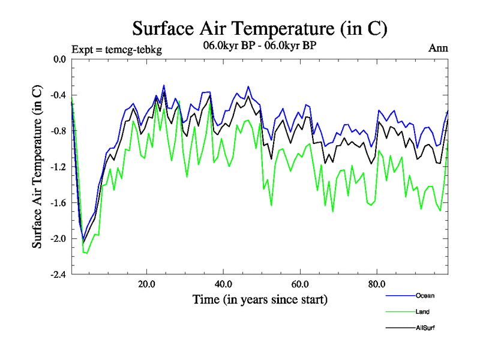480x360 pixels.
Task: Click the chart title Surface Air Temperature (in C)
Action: point(259,28)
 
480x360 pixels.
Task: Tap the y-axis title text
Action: point(37,167)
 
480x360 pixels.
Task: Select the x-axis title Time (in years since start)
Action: point(260,299)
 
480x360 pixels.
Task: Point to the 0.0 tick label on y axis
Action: point(59,59)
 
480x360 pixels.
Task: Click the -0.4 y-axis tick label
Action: point(58,95)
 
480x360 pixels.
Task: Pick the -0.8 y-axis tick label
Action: point(58,131)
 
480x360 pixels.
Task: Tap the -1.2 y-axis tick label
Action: point(58,167)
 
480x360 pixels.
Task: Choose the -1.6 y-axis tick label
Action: point(58,203)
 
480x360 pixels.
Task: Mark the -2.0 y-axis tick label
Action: point(58,239)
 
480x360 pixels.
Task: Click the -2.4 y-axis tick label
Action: point(58,275)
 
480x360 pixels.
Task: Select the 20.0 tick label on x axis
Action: point(147,283)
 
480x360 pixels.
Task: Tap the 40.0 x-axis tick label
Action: point(223,283)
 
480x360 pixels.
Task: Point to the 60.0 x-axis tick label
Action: point(300,283)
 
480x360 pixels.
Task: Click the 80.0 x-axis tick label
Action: point(376,283)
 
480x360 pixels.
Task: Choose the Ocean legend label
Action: point(425,295)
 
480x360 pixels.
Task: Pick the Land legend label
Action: point(422,311)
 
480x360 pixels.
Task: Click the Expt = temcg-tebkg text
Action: point(116,49)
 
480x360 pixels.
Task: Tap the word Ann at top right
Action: point(438,48)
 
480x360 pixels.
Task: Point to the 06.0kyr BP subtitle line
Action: point(259,44)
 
